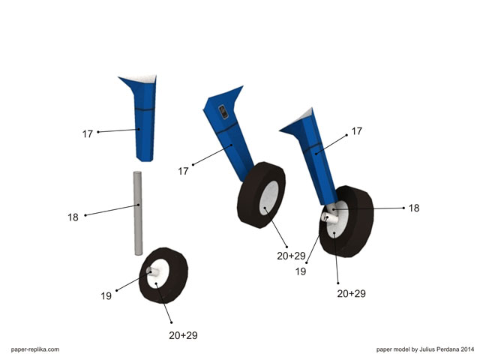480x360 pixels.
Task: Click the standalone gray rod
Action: [138, 213]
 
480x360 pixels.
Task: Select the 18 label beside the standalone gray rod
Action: [73, 217]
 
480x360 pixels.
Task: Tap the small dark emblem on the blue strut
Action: [223, 112]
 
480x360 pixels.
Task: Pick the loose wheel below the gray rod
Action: [163, 275]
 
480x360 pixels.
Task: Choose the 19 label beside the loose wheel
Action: [106, 296]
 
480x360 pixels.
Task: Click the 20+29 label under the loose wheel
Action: [183, 335]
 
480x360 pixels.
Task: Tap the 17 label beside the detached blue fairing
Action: [87, 134]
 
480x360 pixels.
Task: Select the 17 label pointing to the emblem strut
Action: [183, 171]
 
